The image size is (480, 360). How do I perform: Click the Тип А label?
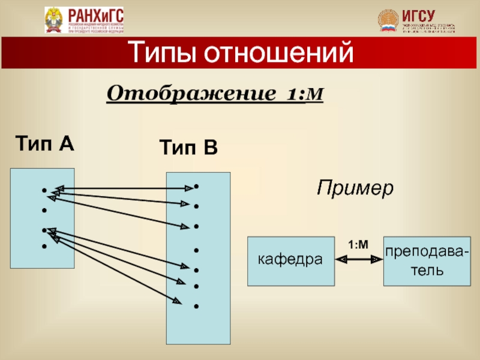tap(44, 144)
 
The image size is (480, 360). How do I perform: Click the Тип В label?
tap(188, 148)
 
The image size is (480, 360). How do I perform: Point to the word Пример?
tap(355, 188)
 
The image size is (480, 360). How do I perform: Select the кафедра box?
tap(291, 260)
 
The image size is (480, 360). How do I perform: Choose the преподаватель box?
tap(427, 260)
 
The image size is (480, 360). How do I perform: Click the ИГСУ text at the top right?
tap(418, 15)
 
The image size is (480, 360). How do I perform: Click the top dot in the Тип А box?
tap(44, 191)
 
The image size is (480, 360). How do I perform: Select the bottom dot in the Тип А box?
tap(44, 247)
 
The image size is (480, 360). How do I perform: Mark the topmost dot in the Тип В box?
tap(196, 187)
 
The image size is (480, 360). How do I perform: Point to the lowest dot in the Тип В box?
tap(196, 307)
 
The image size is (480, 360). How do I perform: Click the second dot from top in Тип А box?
tap(44, 211)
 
